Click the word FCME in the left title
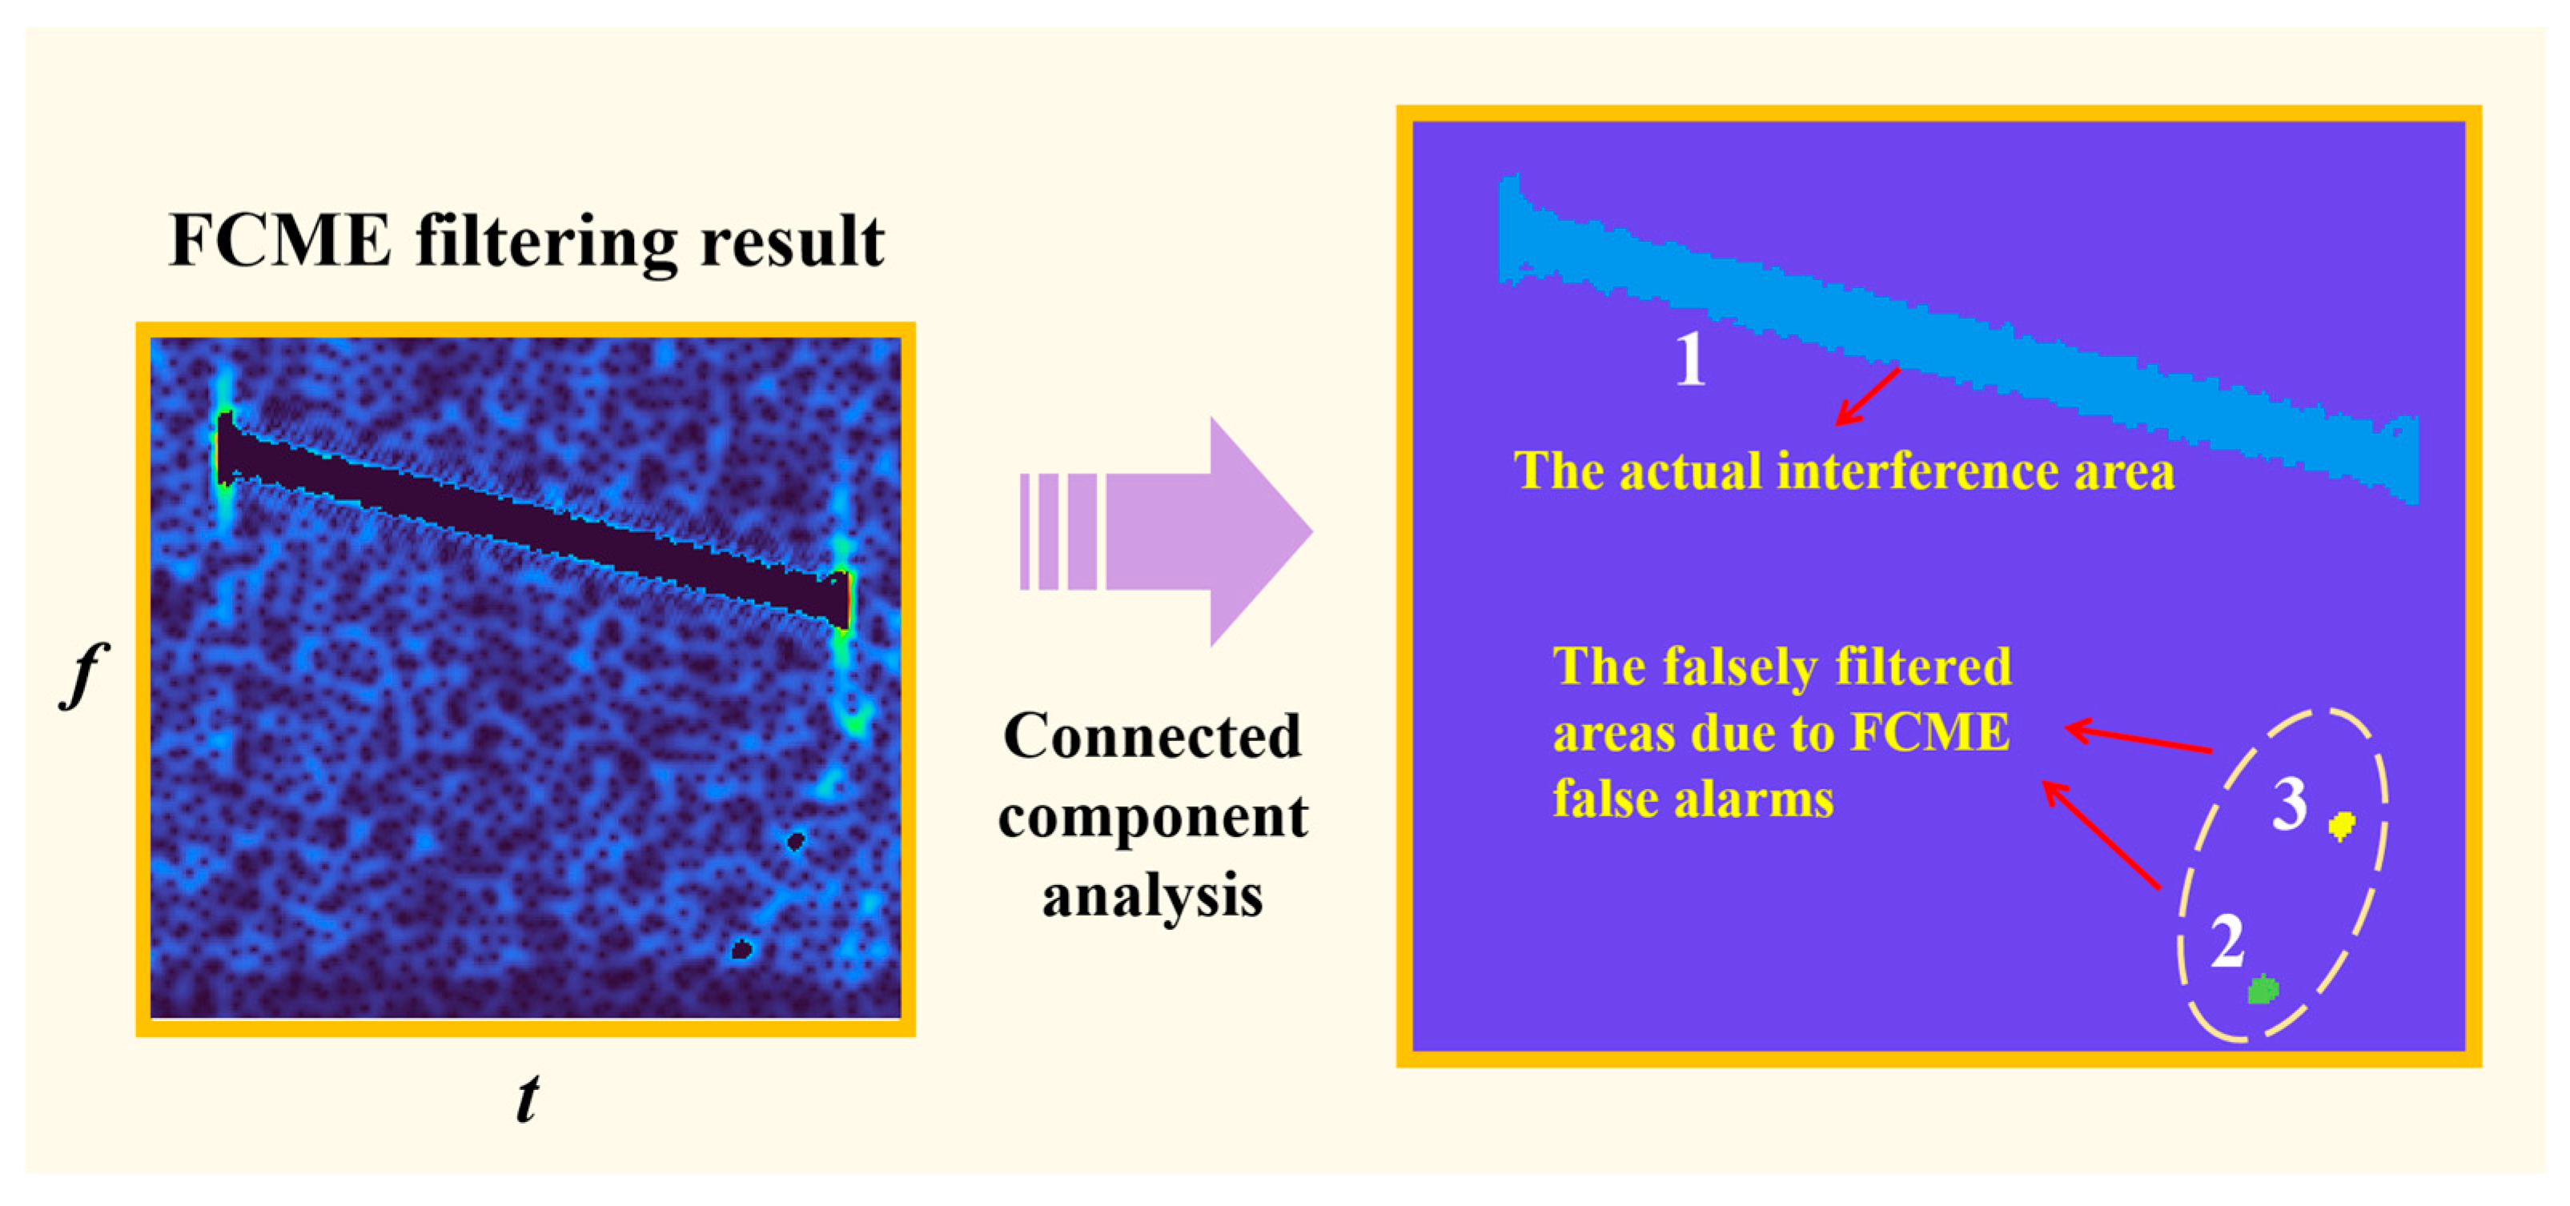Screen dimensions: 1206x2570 pos(280,242)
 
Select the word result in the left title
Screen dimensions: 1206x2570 pos(791,242)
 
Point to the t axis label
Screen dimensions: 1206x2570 pos(527,1098)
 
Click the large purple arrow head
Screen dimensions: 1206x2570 pos(1257,531)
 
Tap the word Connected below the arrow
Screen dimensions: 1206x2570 pos(1151,736)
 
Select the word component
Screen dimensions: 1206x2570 pos(1152,818)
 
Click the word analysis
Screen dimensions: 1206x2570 pos(1152,895)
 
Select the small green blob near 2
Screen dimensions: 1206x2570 pos(2262,990)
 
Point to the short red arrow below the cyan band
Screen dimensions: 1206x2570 pos(1868,396)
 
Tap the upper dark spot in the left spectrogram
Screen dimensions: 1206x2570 pos(795,841)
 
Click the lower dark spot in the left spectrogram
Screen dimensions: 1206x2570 pos(741,948)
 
